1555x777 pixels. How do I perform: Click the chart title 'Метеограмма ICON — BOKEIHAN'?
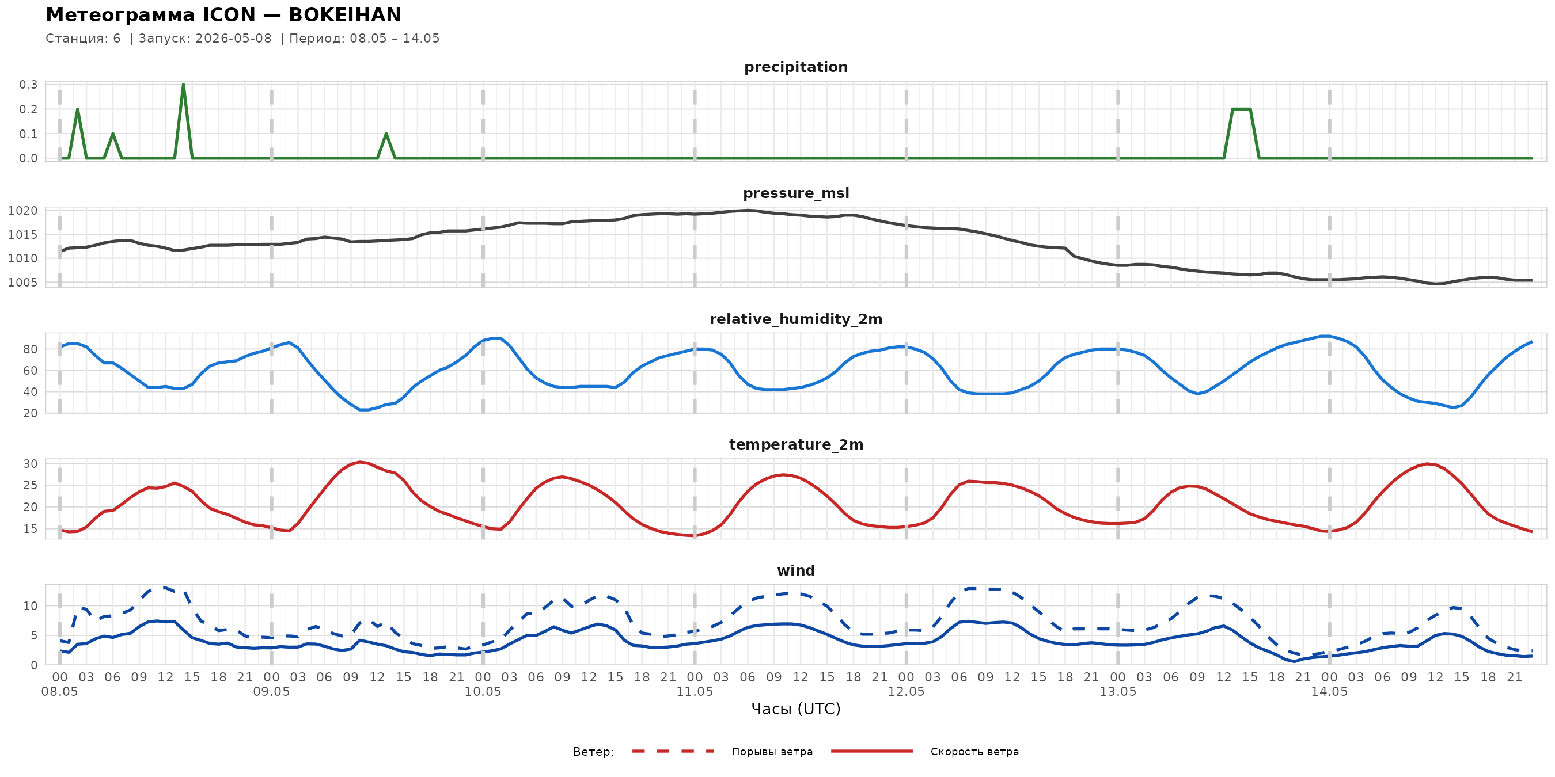223,14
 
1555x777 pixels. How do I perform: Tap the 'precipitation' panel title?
795,67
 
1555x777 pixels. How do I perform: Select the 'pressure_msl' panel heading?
795,193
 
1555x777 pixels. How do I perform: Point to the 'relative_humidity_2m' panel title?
795,319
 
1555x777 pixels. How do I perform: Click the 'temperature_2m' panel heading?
795,444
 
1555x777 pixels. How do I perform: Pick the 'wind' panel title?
795,571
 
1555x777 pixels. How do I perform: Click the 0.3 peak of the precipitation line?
184,85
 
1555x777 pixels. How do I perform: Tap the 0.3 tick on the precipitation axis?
28,85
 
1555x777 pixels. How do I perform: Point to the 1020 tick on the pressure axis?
23,211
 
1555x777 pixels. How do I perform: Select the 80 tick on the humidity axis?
30,349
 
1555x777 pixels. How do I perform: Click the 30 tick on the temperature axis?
30,464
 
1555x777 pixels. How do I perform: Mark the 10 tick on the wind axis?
30,605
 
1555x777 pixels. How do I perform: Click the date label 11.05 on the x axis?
694,691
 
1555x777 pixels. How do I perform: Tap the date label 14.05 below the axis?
1329,691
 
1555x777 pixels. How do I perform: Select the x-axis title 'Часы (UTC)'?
795,709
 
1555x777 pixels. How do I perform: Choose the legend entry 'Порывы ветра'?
772,752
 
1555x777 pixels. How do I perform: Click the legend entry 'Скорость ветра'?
974,752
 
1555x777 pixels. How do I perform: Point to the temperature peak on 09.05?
360,463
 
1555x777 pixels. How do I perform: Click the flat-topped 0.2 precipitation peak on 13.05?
1241,109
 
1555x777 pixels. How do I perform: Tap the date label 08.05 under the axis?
60,691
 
